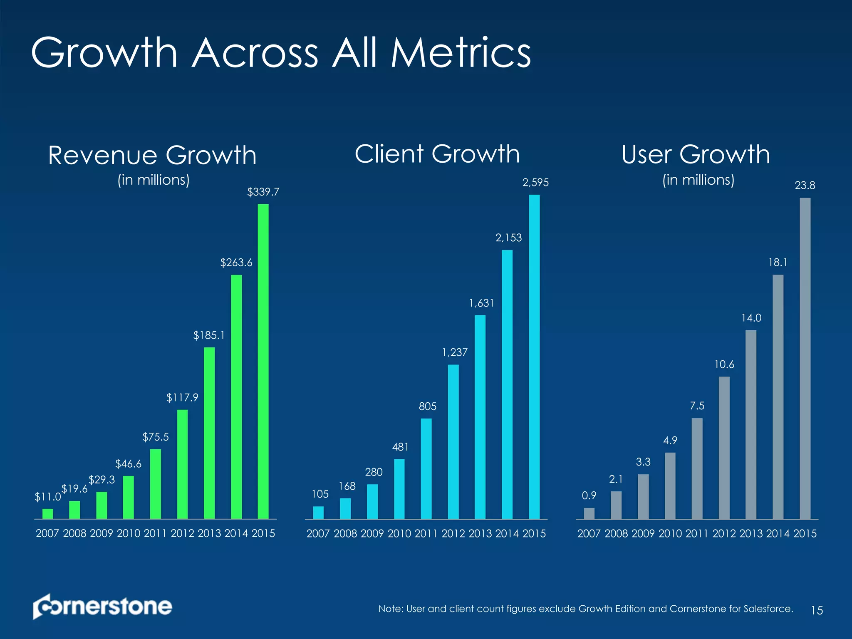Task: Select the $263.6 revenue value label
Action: point(236,263)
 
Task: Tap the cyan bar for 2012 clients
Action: point(453,441)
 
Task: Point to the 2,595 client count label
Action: point(535,182)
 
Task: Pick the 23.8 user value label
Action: point(805,186)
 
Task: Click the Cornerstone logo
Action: point(102,606)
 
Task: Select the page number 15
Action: point(817,610)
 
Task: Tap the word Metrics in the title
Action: point(461,53)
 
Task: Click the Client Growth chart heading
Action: point(437,154)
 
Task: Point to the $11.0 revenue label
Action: point(47,497)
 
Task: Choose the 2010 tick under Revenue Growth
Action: point(128,533)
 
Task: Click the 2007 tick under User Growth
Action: point(589,533)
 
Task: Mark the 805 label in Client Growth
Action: point(427,406)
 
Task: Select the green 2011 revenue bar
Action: point(155,484)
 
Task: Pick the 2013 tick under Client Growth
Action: point(480,533)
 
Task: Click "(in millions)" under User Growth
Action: point(698,180)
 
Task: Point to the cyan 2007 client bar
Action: point(318,513)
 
